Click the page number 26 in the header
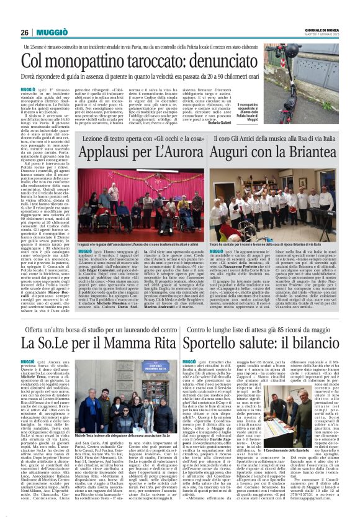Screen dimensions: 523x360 25,32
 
